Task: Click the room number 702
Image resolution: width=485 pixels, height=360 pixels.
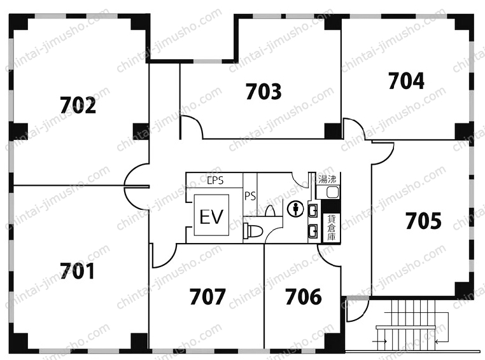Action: coord(78,105)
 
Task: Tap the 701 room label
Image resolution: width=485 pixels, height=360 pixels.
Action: coord(77,271)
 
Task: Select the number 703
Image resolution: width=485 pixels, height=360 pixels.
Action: coord(264,92)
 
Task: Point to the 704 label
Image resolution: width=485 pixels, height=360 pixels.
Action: coord(406,81)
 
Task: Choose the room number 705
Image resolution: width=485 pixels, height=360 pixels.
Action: coord(423,221)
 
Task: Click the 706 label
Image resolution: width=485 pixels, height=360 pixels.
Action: coord(304,296)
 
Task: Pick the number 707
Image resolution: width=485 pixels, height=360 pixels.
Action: coord(207,296)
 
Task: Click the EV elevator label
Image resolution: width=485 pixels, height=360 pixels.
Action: coord(211,217)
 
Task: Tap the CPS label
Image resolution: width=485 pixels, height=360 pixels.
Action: coord(215,181)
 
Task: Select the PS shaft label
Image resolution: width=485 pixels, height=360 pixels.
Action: coord(250,196)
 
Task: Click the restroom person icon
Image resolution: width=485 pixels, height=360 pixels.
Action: coord(296,209)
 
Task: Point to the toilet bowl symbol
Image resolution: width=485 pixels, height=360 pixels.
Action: coord(253,230)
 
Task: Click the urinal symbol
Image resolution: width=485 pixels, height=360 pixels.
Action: coord(271,211)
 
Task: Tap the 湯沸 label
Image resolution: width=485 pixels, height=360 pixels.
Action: coord(328,179)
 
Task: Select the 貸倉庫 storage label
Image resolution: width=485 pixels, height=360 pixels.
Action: coord(331,228)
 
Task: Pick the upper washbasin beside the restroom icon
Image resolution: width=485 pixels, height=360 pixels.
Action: coord(313,211)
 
